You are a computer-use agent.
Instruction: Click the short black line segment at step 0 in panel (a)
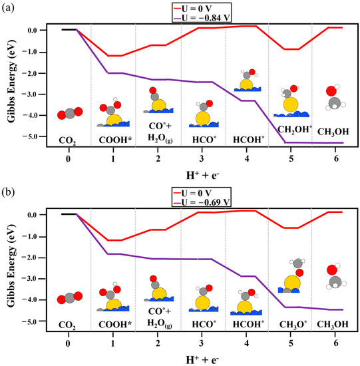[x=69, y=29]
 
